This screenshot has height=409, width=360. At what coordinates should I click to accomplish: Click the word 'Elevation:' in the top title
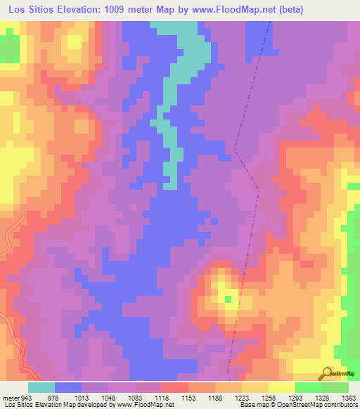84,10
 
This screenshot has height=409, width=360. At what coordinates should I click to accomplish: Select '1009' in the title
129,10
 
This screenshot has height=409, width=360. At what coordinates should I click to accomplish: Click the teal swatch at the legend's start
41,388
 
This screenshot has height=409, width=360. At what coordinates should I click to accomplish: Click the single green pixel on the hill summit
228,300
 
